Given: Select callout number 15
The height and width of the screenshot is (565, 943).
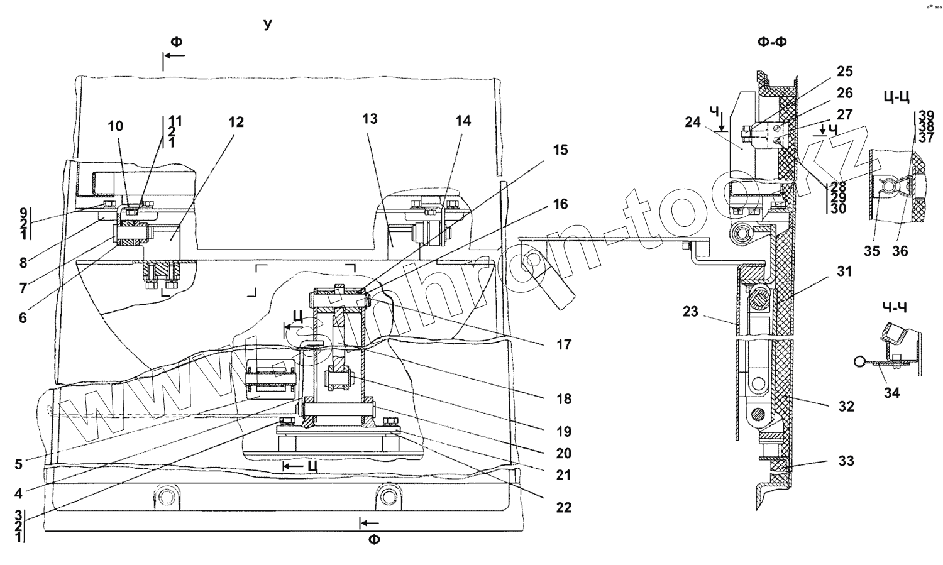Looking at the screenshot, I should pyautogui.click(x=560, y=150).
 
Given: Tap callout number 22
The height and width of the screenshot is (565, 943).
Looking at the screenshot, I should pyautogui.click(x=563, y=507).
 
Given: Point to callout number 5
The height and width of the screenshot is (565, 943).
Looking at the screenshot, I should pyautogui.click(x=19, y=464).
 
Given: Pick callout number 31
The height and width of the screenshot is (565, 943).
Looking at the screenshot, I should pyautogui.click(x=844, y=272).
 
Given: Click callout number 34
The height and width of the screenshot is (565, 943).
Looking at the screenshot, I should pyautogui.click(x=891, y=393).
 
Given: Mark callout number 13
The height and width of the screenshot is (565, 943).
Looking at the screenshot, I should pyautogui.click(x=370, y=119).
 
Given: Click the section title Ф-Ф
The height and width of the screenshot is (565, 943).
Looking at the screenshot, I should pyautogui.click(x=773, y=42).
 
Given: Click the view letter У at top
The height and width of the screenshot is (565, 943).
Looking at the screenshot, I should pyautogui.click(x=268, y=24).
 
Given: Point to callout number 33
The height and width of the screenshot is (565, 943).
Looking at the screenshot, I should pyautogui.click(x=846, y=461).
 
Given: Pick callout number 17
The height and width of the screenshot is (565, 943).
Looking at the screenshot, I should pyautogui.click(x=563, y=344).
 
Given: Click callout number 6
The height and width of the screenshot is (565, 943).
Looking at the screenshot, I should pyautogui.click(x=23, y=318).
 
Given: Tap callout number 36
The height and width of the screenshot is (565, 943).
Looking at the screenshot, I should pyautogui.click(x=900, y=251).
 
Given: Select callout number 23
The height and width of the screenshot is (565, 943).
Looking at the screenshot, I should pyautogui.click(x=690, y=312).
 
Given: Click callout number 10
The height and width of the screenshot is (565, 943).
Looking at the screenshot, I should pyautogui.click(x=115, y=126).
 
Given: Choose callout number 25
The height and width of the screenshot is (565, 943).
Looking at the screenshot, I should pyautogui.click(x=844, y=71).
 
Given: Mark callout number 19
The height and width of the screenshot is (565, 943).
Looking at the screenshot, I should pyautogui.click(x=563, y=432).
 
